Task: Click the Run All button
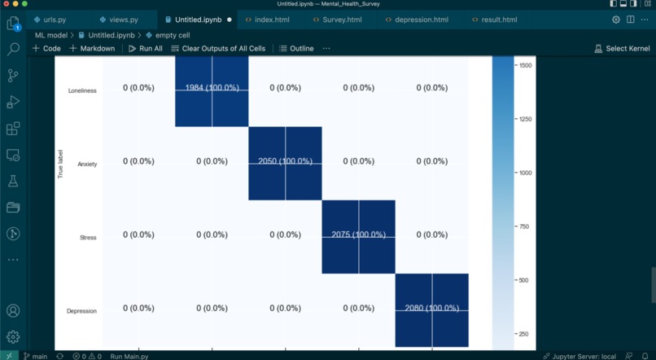146,49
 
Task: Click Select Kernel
622,49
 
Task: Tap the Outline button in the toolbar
296,49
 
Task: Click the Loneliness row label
82,91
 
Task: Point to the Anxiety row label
87,165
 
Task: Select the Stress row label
88,238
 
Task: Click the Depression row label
82,311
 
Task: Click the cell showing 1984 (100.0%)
212,88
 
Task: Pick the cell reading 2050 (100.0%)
285,161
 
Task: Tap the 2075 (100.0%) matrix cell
358,235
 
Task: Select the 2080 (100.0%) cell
431,309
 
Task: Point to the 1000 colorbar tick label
525,173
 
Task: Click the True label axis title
60,164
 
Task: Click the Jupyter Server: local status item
584,356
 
